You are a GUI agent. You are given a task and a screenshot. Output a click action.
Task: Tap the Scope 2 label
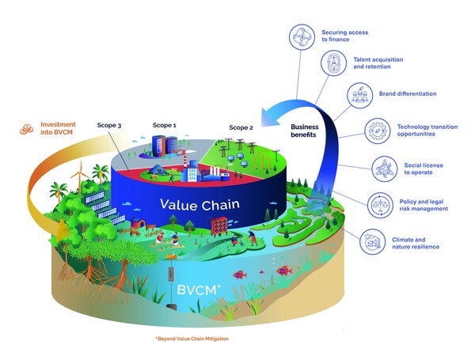[241, 127]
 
